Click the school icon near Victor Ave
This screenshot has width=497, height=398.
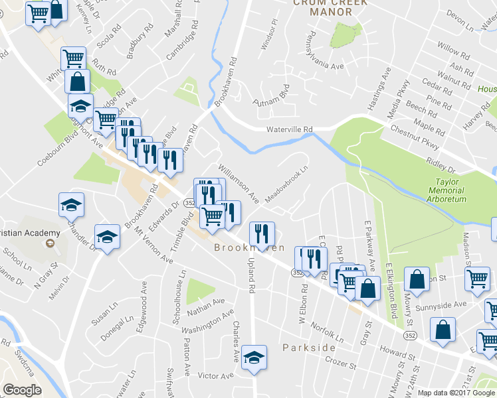click(x=254, y=358)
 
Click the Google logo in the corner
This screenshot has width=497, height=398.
click(x=22, y=390)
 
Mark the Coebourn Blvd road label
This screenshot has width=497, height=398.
click(x=52, y=143)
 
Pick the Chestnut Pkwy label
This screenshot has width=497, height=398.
click(x=415, y=137)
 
